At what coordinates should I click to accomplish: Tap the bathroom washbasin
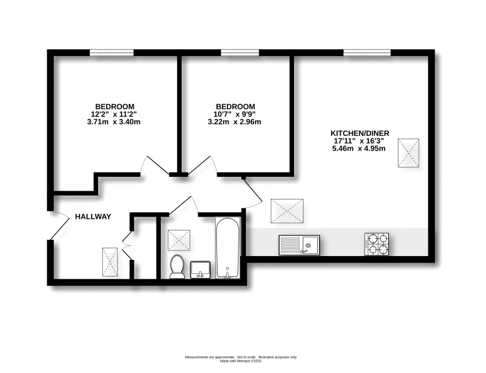200,269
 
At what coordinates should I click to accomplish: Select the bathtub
227,248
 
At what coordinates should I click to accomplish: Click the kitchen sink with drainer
298,244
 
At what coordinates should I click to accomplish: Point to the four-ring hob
378,244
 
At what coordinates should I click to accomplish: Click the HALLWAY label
93,217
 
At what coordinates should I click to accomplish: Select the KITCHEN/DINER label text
360,133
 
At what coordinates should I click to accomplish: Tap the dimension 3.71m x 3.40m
114,122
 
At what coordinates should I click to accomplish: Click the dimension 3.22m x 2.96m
235,122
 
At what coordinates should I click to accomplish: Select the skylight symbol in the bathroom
179,240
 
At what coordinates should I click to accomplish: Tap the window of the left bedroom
112,53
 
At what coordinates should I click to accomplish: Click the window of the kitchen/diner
366,53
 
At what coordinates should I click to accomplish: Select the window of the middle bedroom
239,53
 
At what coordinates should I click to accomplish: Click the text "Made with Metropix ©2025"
240,361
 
